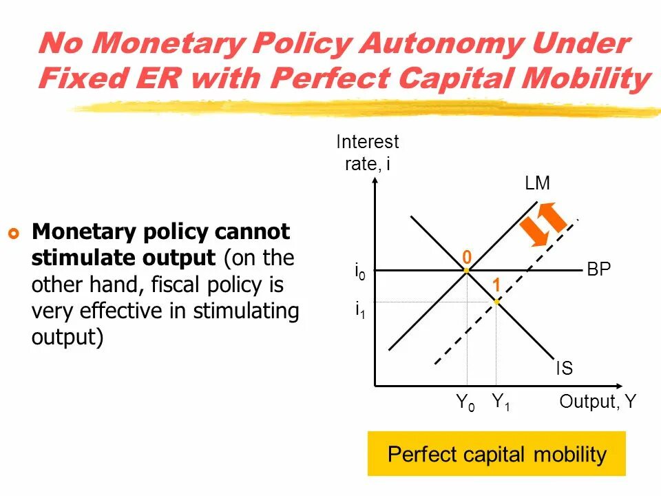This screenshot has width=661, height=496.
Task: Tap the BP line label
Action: click(598, 269)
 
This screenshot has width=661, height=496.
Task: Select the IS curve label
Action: click(564, 369)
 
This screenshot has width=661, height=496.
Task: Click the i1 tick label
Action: click(359, 311)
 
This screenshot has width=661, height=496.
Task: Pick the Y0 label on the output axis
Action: click(465, 402)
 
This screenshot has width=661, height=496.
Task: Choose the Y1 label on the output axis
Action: click(501, 402)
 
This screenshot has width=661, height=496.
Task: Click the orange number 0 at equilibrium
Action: click(467, 257)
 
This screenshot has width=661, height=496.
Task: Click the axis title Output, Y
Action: click(598, 402)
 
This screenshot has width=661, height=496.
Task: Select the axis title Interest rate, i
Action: click(367, 153)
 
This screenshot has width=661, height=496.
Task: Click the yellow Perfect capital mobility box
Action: click(496, 454)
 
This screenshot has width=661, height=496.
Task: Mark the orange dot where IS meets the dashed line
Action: click(496, 302)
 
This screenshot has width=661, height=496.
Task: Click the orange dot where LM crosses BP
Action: click(466, 271)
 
